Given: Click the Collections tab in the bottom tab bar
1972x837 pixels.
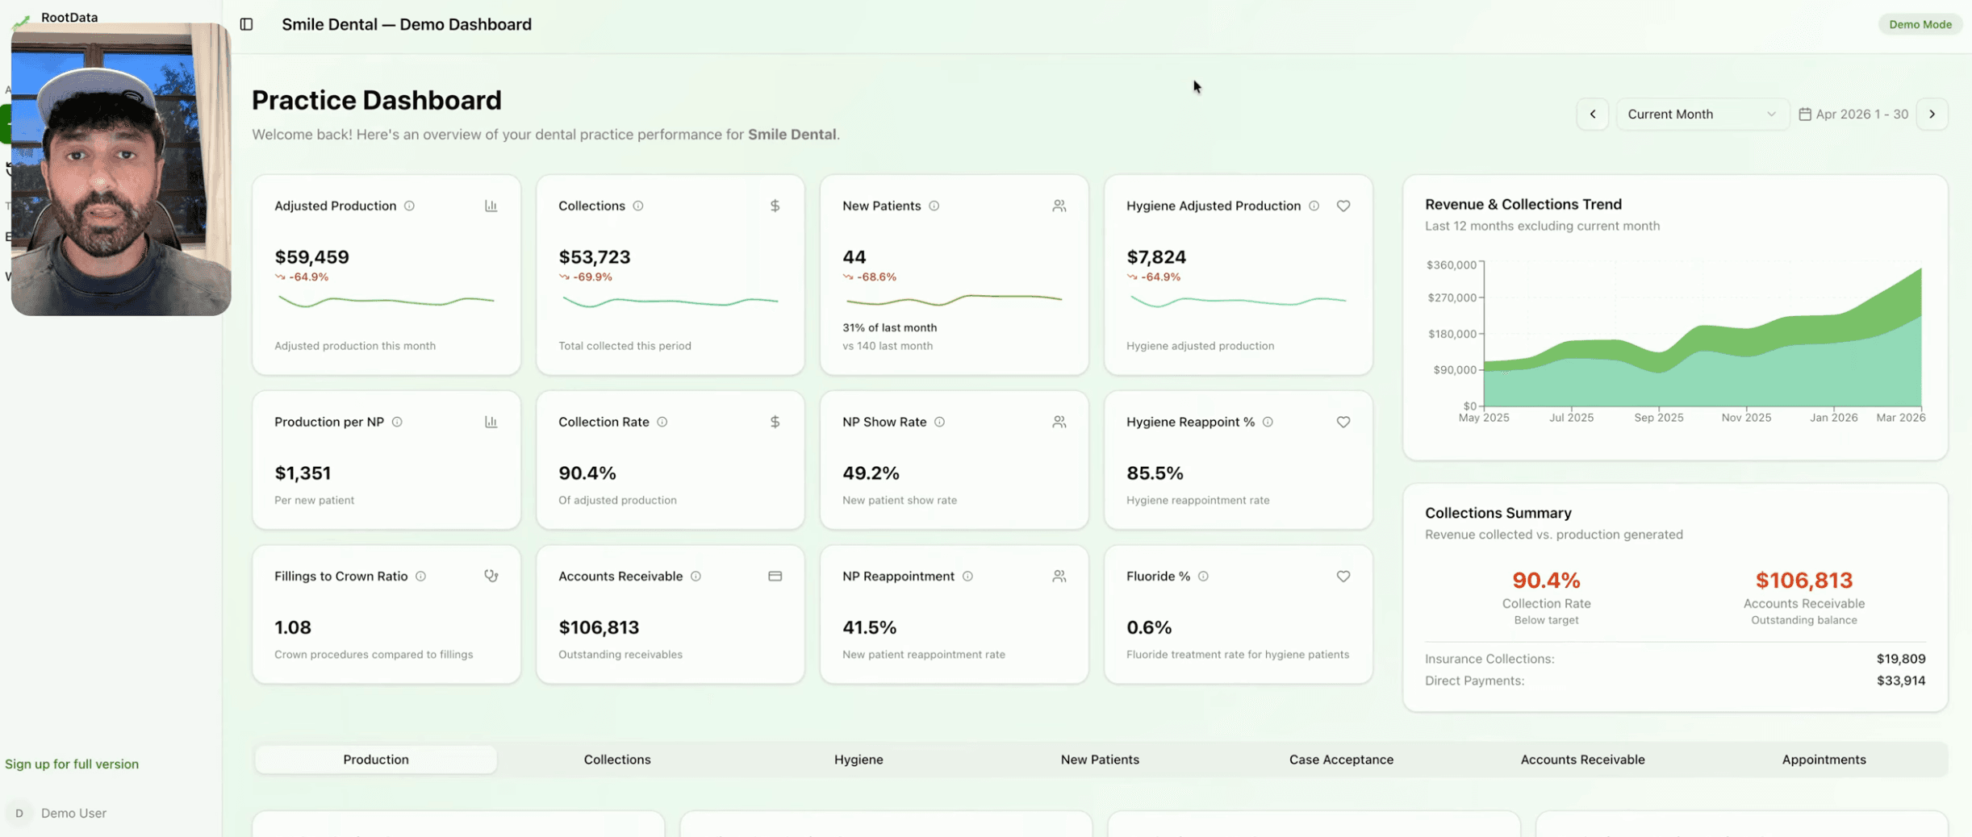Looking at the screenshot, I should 616,759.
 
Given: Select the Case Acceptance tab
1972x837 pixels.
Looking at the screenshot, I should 1340,759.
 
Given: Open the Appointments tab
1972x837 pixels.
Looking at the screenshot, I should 1823,759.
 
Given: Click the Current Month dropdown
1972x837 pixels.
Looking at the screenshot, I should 1701,114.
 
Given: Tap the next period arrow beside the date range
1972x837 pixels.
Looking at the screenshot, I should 1932,114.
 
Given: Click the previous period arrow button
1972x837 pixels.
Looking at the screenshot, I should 1592,114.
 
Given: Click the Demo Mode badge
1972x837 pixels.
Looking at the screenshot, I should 1920,24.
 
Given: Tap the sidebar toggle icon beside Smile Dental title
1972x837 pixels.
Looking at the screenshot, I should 246,24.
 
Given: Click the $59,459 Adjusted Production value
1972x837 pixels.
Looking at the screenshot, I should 311,256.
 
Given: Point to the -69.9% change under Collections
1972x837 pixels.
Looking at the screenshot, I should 591,277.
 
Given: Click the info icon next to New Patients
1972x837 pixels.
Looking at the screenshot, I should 934,206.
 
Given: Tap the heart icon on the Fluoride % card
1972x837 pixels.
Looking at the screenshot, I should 1343,576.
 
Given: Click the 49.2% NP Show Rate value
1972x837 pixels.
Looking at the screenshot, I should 870,473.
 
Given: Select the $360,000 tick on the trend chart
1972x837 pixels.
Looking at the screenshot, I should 1450,264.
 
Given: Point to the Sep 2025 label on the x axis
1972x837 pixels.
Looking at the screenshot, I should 1658,417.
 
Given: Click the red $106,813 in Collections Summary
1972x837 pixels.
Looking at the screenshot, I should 1803,579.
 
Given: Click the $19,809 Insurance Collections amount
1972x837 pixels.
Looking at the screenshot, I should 1900,658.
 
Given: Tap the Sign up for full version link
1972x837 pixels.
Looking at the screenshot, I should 72,763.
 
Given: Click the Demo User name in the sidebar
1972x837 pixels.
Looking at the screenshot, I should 73,812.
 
